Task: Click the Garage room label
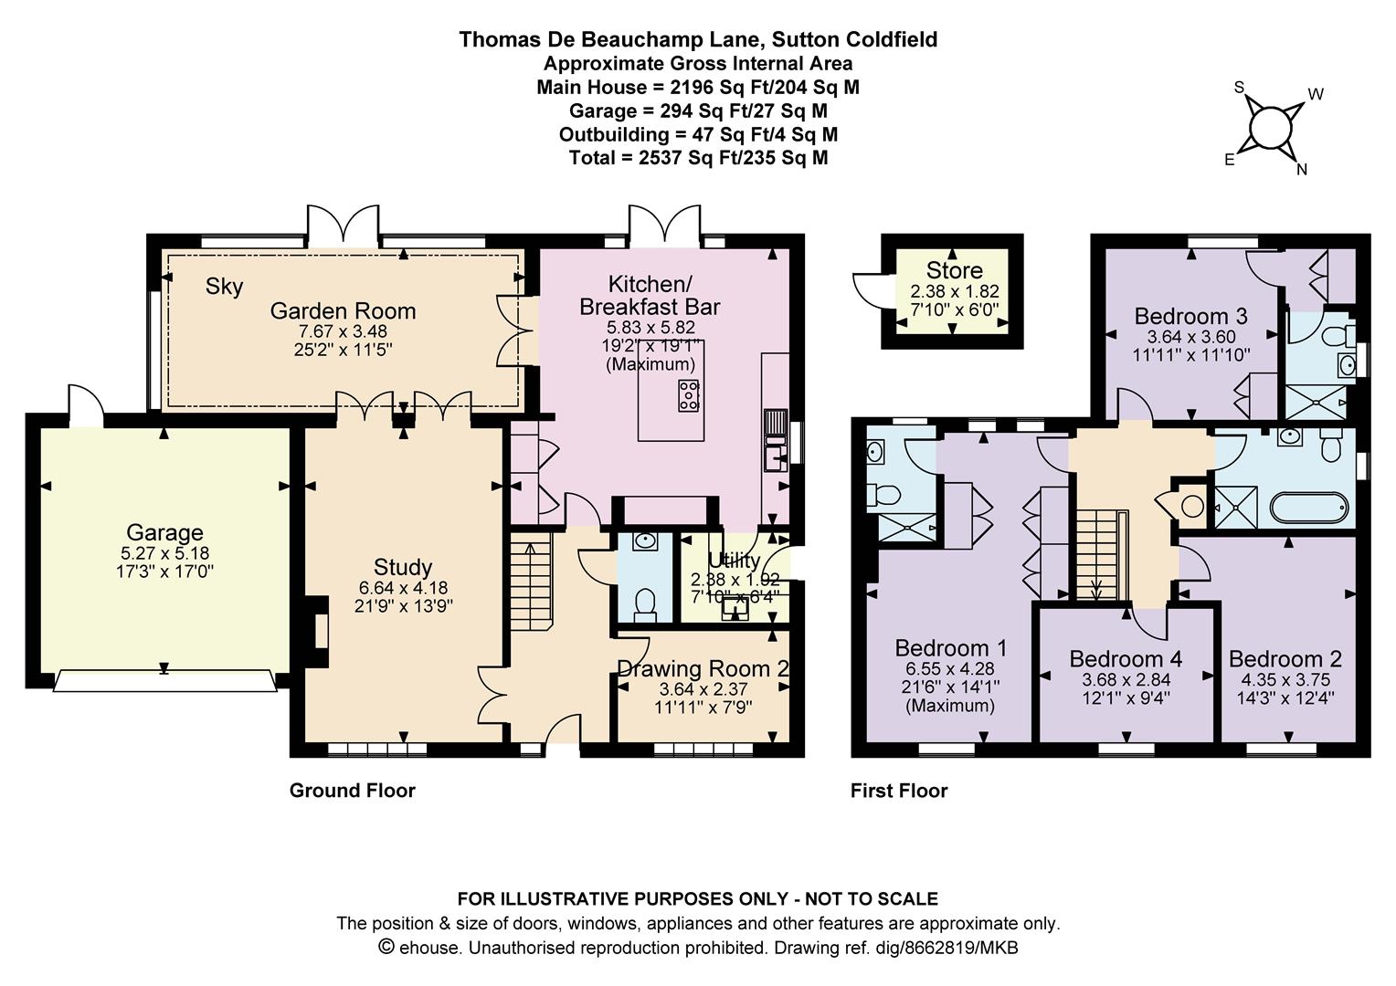pyautogui.click(x=164, y=532)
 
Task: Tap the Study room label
pyautogui.click(x=403, y=567)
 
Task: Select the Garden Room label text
pyautogui.click(x=343, y=310)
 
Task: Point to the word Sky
pyautogui.click(x=225, y=287)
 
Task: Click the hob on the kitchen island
pyautogui.click(x=689, y=395)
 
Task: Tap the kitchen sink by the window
pyautogui.click(x=776, y=440)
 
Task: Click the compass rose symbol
pyautogui.click(x=1270, y=130)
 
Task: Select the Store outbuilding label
pyautogui.click(x=954, y=270)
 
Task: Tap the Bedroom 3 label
pyautogui.click(x=1191, y=317)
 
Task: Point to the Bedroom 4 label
pyautogui.click(x=1126, y=659)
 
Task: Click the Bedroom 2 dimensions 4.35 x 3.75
pyautogui.click(x=1285, y=679)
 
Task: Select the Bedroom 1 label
pyautogui.click(x=950, y=648)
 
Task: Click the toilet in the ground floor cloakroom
pyautogui.click(x=644, y=605)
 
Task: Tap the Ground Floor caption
pyautogui.click(x=352, y=791)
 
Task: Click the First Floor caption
pyautogui.click(x=899, y=791)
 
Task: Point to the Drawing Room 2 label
pyautogui.click(x=703, y=669)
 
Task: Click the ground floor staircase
pyautogui.click(x=532, y=582)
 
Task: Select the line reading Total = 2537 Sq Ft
pyautogui.click(x=698, y=158)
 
